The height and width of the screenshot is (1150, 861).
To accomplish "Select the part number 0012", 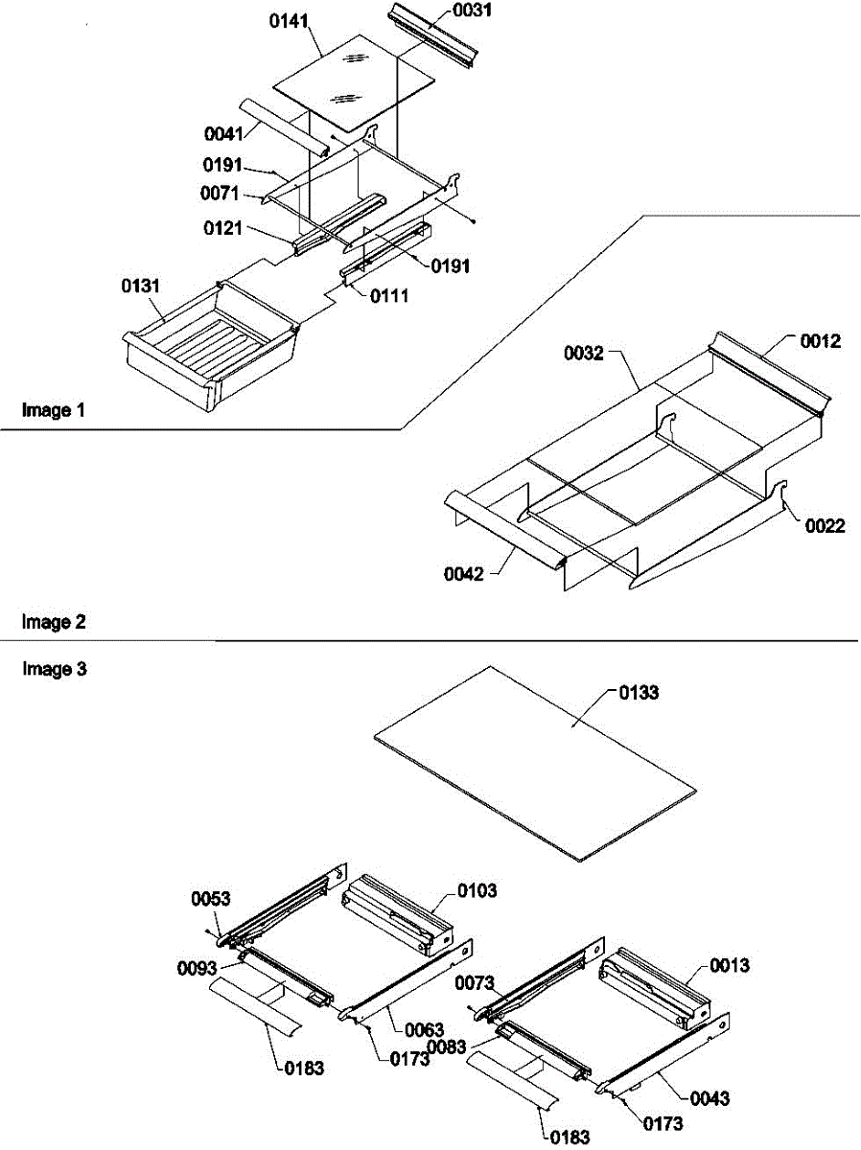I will coord(822,341).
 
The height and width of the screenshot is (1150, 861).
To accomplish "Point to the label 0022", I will coord(825,524).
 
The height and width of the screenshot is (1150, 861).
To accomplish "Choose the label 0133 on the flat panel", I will coord(639,693).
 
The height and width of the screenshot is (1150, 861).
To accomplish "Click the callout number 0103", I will coord(477,890).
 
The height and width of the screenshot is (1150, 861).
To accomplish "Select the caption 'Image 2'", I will coord(54,623).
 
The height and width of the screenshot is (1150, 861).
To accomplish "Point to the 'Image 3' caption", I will coord(54,669).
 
